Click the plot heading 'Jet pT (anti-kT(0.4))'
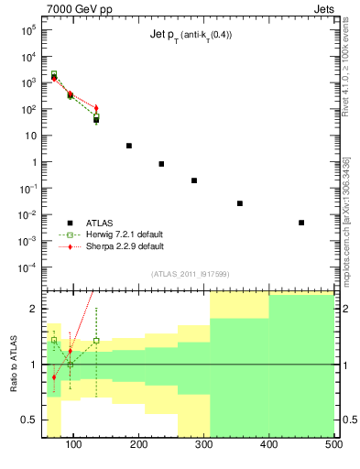[x=191, y=37]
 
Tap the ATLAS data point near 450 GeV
[x=301, y=223]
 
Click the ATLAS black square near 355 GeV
[x=240, y=203]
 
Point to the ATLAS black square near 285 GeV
[x=194, y=180]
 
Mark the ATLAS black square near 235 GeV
[x=161, y=164]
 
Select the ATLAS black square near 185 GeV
[x=129, y=146]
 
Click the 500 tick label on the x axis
[x=333, y=446]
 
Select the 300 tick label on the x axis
[x=203, y=446]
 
